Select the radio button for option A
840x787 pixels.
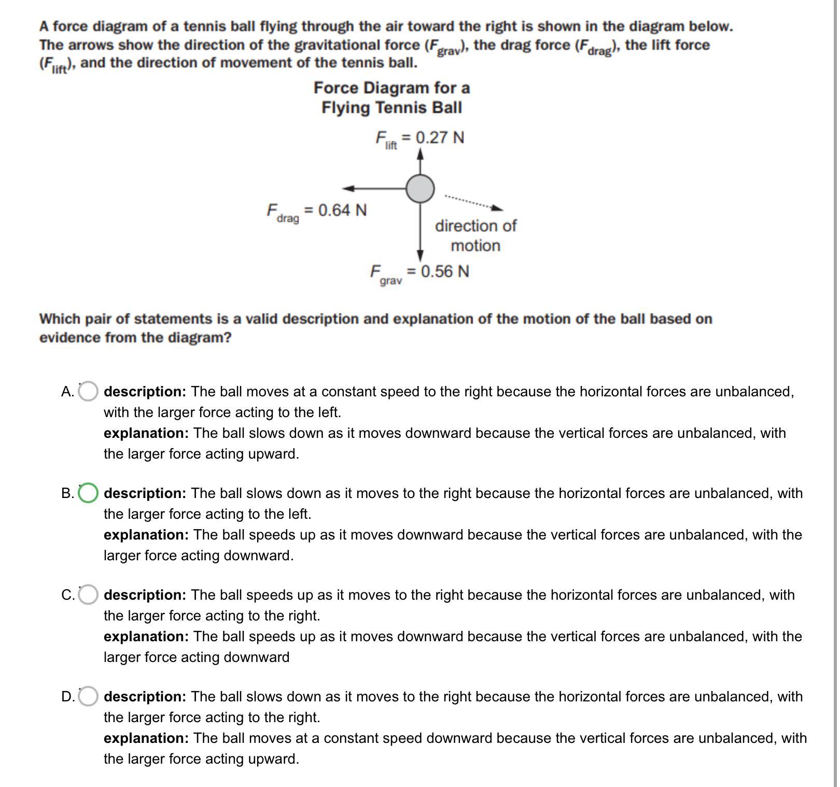(88, 392)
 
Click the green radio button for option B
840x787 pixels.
(88, 493)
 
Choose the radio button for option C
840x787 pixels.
(88, 595)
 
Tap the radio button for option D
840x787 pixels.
(88, 697)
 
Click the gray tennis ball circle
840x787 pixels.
(420, 188)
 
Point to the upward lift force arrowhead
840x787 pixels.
(420, 154)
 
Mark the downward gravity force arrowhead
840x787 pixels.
(420, 255)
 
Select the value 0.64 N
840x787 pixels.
(342, 210)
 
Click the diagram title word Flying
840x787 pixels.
(346, 108)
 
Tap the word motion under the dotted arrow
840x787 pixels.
(475, 245)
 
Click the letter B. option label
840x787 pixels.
(67, 493)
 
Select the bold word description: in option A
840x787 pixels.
(145, 392)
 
